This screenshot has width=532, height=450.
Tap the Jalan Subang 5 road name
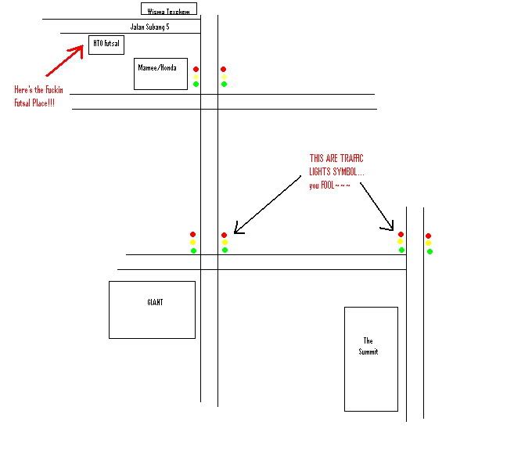pyautogui.click(x=149, y=27)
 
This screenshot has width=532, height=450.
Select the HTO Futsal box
pyautogui.click(x=106, y=45)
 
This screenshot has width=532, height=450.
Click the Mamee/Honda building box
pyautogui.click(x=160, y=74)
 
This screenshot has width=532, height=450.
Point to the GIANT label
pyautogui.click(x=155, y=302)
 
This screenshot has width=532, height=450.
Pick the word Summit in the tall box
pyautogui.click(x=368, y=352)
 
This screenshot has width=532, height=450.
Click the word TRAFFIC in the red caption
pyautogui.click(x=350, y=159)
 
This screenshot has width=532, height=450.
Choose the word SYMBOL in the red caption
pyautogui.click(x=345, y=172)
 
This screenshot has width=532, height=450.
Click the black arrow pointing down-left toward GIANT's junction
pyautogui.click(x=267, y=205)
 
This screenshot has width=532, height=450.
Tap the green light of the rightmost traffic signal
pyautogui.click(x=430, y=251)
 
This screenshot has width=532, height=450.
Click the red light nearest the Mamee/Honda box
pyautogui.click(x=196, y=69)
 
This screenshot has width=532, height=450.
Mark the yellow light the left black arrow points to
pyautogui.click(x=225, y=243)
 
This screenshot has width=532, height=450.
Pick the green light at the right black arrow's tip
pyautogui.click(x=401, y=250)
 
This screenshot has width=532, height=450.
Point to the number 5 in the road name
pyautogui.click(x=167, y=27)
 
